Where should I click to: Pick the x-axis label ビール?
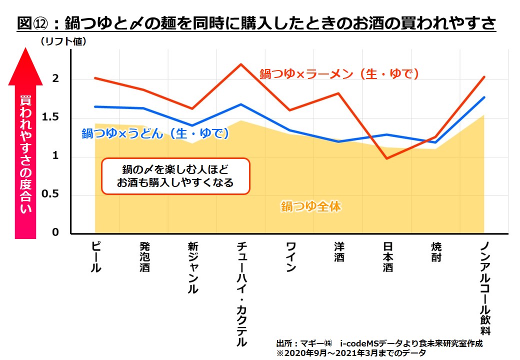coord(96,257)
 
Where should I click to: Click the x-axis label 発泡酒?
coord(144,257)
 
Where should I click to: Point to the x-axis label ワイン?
coord(290,257)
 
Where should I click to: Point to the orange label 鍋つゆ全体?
coord(311,206)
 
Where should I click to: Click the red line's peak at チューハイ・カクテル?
coord(241,64)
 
